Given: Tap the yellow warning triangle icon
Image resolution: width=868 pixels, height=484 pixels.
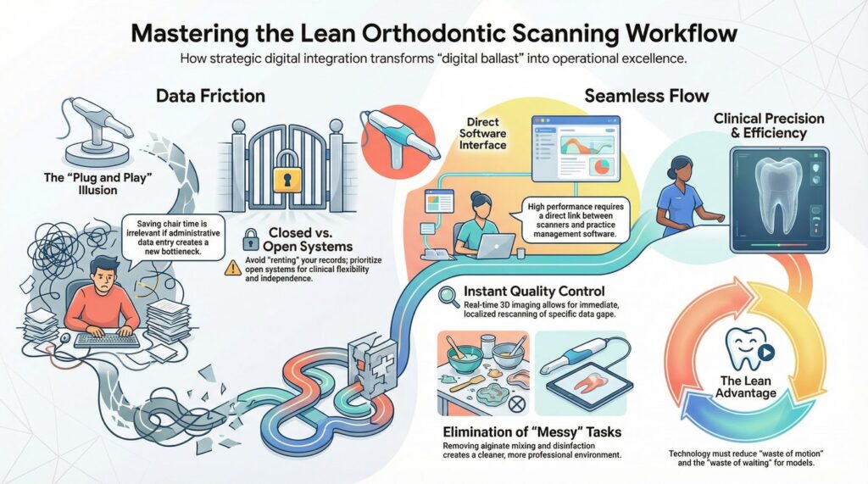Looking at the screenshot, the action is pos(232,269).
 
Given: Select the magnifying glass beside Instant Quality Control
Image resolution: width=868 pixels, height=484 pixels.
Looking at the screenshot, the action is pos(448,297).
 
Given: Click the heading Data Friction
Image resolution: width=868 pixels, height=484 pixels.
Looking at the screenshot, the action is pos(210,96).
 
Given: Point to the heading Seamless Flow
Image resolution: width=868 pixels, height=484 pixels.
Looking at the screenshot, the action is pos(647,96).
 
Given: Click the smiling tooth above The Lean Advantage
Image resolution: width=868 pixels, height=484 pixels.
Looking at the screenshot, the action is pos(748,349).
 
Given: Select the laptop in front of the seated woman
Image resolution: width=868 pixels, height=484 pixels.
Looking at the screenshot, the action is pos(495,245).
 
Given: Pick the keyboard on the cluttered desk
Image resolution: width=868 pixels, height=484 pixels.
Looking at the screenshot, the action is pos(107,339).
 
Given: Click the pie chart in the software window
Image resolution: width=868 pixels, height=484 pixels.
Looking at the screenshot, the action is pos(601,165).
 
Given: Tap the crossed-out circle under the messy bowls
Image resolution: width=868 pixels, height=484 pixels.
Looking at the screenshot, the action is pos(516,404).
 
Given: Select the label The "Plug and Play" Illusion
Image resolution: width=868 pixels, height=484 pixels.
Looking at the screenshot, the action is pos(97,184).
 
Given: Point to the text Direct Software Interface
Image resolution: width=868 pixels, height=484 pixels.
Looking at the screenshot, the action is pos(482,133).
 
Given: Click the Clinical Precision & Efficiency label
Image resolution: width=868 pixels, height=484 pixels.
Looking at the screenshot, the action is pos(769,125).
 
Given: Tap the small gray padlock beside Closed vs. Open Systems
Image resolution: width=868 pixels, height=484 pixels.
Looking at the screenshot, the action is pos(251,240).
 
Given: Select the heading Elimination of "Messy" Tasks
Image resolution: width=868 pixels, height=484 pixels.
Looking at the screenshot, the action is pos(532,432).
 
